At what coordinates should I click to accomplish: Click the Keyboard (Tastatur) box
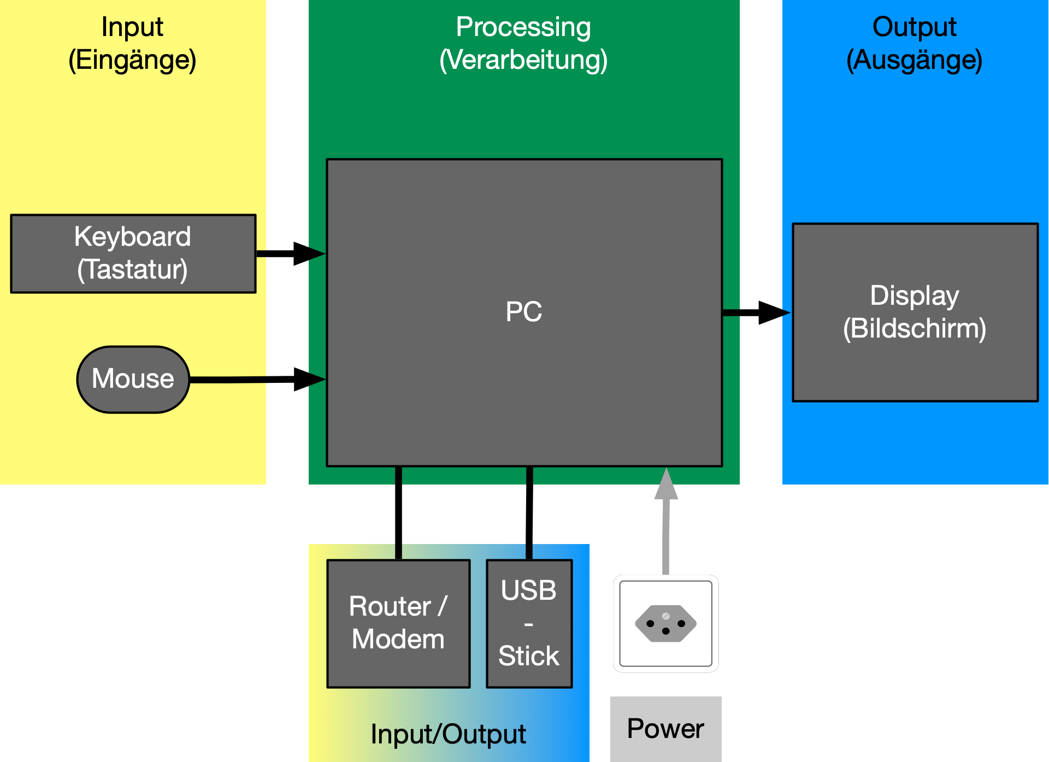(133, 253)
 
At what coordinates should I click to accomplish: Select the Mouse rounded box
(133, 379)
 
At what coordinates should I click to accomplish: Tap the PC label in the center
(523, 312)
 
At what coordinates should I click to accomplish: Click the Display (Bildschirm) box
(915, 312)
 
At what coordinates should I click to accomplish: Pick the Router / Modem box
(398, 623)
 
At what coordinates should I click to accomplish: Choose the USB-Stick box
(529, 623)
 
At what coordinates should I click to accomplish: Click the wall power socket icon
(665, 623)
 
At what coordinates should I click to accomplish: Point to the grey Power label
(665, 729)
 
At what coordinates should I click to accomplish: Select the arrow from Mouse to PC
(257, 380)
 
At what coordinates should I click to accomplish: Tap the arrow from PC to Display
(757, 312)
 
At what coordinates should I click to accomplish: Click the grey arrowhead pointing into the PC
(666, 485)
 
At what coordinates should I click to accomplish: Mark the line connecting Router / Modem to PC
(398, 513)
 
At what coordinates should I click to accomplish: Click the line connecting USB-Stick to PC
(529, 513)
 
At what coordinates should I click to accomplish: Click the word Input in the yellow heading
(132, 27)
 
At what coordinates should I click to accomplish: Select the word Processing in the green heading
(523, 27)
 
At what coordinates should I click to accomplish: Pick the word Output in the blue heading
(914, 27)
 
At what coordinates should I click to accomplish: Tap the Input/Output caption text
(448, 734)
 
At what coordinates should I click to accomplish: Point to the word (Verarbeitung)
(523, 60)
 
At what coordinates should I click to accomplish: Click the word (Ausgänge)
(914, 60)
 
